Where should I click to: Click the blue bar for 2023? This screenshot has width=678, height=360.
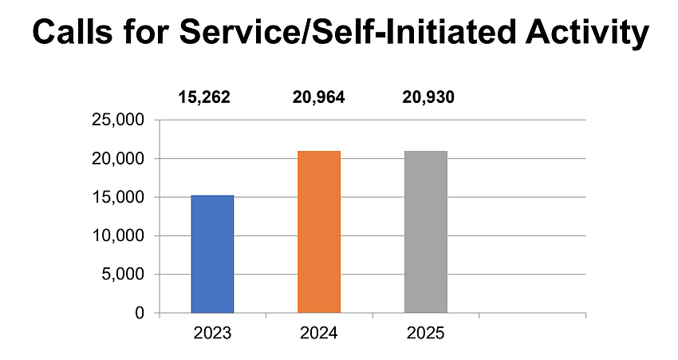(212, 254)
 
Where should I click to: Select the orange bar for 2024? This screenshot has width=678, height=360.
(319, 231)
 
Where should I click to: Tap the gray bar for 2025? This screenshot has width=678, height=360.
(425, 231)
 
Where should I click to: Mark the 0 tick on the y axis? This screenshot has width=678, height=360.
(140, 313)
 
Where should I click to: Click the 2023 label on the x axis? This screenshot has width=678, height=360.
(213, 333)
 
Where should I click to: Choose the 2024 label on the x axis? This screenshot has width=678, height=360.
(319, 333)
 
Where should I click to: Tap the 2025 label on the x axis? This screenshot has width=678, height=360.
(425, 333)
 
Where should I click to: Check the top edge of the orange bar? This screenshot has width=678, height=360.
(319, 152)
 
